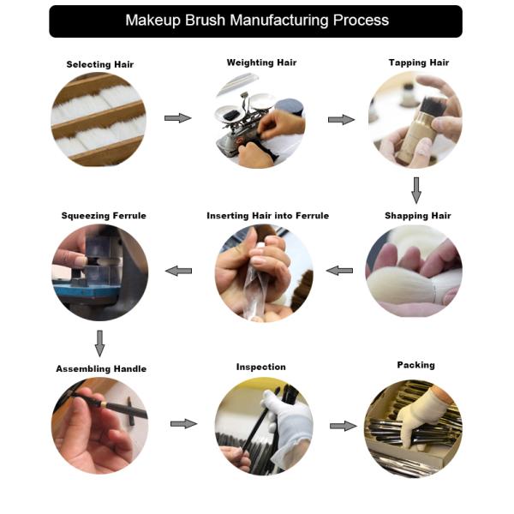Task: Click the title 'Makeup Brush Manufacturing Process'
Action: click(x=257, y=21)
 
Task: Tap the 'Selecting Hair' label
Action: click(x=100, y=64)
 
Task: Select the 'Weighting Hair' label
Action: click(x=261, y=63)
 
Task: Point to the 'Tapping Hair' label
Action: click(x=419, y=63)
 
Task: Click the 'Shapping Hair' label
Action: click(x=418, y=216)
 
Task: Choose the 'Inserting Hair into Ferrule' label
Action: click(x=268, y=216)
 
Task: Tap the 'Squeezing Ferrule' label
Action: click(x=104, y=216)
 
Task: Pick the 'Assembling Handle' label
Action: click(x=101, y=368)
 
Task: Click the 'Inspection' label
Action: click(x=261, y=367)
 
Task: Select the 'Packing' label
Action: click(x=416, y=365)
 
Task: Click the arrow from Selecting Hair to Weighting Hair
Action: click(x=177, y=118)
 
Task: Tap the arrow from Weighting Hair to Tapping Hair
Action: click(x=341, y=120)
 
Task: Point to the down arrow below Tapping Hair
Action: click(x=416, y=190)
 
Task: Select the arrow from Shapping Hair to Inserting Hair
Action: click(x=339, y=271)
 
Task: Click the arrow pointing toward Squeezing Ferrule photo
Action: click(x=178, y=271)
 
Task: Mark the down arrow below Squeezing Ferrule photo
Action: click(x=99, y=344)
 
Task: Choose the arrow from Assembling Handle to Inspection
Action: click(x=184, y=423)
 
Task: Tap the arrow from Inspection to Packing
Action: click(x=344, y=426)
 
